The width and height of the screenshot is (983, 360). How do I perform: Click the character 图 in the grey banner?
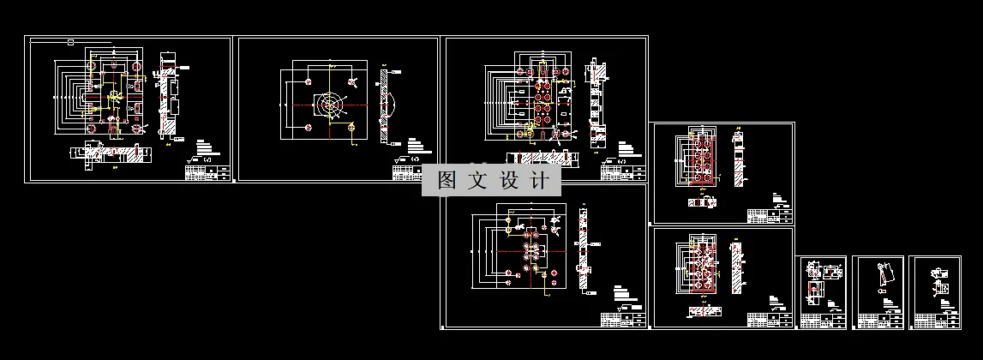click(446, 181)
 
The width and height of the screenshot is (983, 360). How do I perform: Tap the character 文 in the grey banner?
click(477, 181)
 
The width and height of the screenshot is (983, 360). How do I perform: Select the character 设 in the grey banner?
click(509, 181)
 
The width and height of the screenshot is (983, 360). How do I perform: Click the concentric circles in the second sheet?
click(331, 104)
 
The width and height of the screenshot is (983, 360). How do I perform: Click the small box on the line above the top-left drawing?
click(69, 41)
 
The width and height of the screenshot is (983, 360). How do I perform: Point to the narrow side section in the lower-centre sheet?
click(583, 249)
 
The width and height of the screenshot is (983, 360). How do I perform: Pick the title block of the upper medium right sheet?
click(770, 215)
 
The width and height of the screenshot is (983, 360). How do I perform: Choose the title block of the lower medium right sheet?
click(770, 320)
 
